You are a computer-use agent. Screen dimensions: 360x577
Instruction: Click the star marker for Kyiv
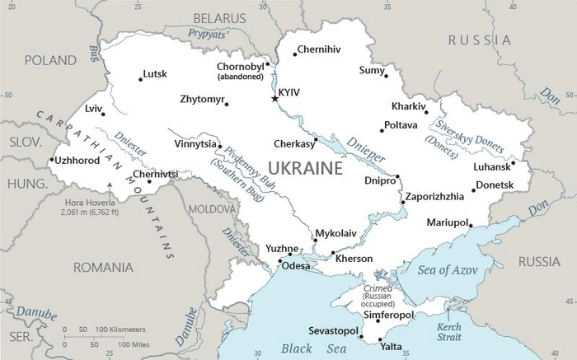274,99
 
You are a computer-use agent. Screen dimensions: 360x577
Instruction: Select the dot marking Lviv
103,114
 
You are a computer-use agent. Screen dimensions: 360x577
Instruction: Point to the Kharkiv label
409,106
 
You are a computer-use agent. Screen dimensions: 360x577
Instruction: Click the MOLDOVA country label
212,209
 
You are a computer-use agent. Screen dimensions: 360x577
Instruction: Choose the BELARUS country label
219,17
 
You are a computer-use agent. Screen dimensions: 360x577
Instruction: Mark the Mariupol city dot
471,223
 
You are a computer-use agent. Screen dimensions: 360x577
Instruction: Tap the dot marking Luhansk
512,163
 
